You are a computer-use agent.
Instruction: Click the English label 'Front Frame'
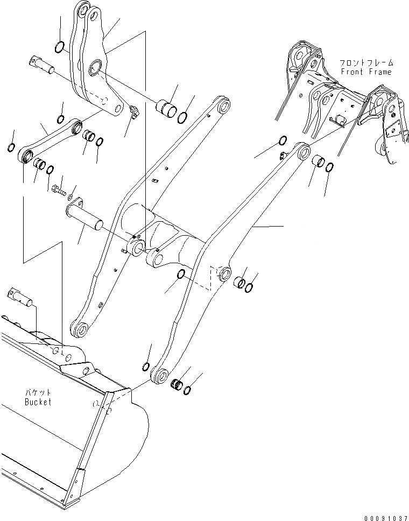pos(365,72)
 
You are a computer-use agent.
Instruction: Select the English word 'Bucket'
pos(38,402)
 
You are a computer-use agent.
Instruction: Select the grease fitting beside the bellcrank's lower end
pos(133,112)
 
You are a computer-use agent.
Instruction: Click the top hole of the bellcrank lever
pos(82,9)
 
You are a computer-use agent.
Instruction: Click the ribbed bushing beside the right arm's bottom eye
pos(175,384)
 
